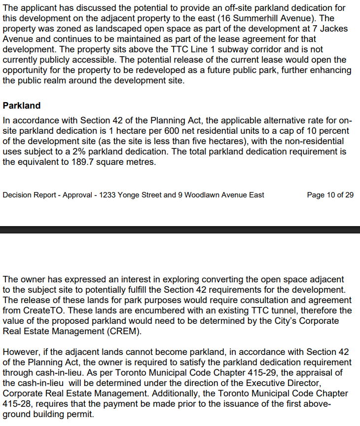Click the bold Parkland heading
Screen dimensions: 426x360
[x=22, y=106]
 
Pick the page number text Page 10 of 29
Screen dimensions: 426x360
[x=330, y=195]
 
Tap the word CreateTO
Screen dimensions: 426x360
[x=42, y=310]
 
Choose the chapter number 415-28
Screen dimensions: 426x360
[x=16, y=404]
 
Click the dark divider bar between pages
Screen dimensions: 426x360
[x=180, y=230]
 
